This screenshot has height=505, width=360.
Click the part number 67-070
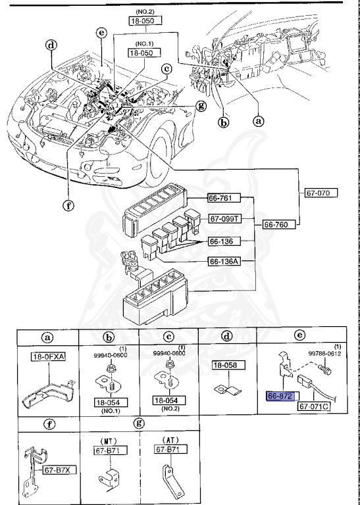[321, 193]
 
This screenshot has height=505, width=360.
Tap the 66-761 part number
[224, 198]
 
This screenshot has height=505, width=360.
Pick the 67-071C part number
[314, 407]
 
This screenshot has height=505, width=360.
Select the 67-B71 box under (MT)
[107, 450]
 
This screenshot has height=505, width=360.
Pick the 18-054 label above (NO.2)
[168, 399]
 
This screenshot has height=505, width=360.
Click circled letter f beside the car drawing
[68, 204]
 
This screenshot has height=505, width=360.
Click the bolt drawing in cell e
[326, 372]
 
